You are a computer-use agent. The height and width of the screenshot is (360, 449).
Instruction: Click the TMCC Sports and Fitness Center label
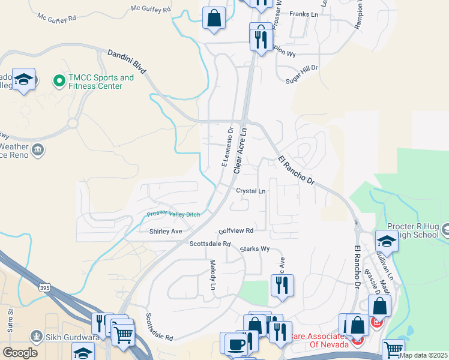pyautogui.click(x=100, y=82)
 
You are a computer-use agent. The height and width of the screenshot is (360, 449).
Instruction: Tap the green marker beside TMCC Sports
pyautogui.click(x=59, y=80)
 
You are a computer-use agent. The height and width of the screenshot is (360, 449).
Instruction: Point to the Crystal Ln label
pyautogui.click(x=250, y=191)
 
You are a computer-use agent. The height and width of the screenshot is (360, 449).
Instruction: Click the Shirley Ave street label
pyautogui.click(x=165, y=230)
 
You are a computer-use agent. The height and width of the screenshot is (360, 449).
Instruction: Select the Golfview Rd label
pyautogui.click(x=237, y=230)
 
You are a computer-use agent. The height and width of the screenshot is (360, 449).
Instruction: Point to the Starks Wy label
pyautogui.click(x=255, y=248)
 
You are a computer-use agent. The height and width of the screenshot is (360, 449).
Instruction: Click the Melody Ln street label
pyautogui.click(x=212, y=275)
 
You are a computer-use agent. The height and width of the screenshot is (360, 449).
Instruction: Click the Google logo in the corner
pyautogui.click(x=20, y=352)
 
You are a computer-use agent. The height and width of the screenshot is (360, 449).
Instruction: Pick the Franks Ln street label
pyautogui.click(x=303, y=14)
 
